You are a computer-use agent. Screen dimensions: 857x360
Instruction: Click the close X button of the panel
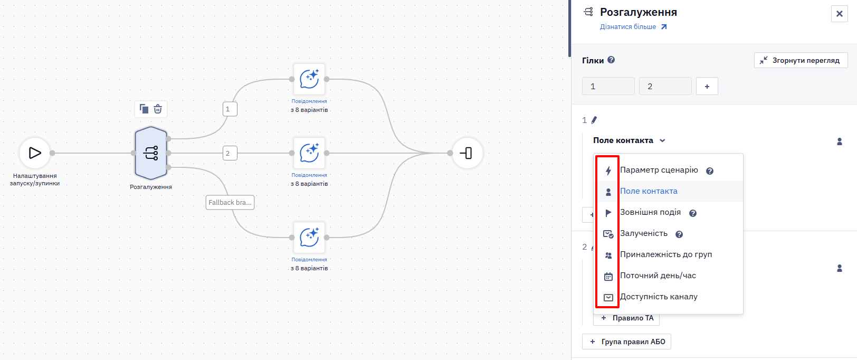[x=840, y=14]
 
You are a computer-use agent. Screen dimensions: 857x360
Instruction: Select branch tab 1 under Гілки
[x=608, y=86]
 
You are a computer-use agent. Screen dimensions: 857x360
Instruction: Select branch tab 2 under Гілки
[x=665, y=86]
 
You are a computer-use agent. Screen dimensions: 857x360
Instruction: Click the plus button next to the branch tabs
[x=707, y=86]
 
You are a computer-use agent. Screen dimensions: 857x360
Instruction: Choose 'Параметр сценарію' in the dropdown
[x=659, y=170]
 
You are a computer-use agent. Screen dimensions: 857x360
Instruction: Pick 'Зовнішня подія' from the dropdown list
[x=650, y=212]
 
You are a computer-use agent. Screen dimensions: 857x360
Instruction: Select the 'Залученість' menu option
[x=643, y=233]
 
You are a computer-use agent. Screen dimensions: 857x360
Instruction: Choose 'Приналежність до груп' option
[x=666, y=254]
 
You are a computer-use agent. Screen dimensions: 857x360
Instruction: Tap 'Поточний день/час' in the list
[x=658, y=276]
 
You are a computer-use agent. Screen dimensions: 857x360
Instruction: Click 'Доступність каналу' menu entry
[x=659, y=297]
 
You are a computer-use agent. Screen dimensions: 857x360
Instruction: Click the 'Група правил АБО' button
[x=627, y=342]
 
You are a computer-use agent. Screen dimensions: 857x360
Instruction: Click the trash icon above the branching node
[x=158, y=109]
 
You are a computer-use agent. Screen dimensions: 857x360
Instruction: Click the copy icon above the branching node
[x=144, y=109]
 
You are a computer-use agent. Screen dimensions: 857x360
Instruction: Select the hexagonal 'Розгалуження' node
[x=151, y=153]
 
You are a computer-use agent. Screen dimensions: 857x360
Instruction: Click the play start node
[x=35, y=153]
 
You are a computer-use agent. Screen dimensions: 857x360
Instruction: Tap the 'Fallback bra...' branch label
[x=230, y=202]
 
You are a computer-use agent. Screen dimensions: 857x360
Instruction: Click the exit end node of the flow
[x=466, y=153]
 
